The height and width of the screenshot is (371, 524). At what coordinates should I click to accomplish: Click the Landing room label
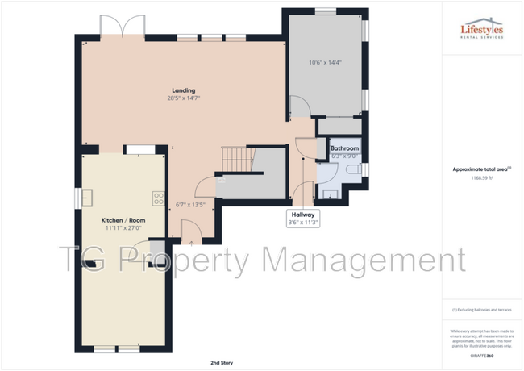click(x=183, y=90)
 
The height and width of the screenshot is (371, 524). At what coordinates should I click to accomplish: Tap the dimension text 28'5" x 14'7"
click(x=183, y=98)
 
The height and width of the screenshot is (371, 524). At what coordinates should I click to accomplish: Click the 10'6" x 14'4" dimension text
click(x=325, y=62)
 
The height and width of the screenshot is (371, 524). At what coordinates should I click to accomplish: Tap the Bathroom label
click(x=344, y=148)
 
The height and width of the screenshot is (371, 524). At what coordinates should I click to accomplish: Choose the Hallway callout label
click(x=303, y=215)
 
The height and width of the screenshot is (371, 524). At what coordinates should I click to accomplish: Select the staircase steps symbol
click(x=235, y=159)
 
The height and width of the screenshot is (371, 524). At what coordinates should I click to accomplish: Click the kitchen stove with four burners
click(x=159, y=198)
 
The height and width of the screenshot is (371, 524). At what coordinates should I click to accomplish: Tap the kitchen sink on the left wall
click(x=86, y=198)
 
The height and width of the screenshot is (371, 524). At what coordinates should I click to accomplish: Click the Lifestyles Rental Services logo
click(x=482, y=29)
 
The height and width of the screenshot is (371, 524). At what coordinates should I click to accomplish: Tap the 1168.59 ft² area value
click(x=482, y=178)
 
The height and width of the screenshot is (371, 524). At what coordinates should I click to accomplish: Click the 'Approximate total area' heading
click(x=480, y=169)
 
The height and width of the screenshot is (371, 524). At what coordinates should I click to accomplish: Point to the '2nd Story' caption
click(x=222, y=363)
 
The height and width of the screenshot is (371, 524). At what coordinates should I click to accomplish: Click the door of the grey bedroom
click(x=299, y=105)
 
